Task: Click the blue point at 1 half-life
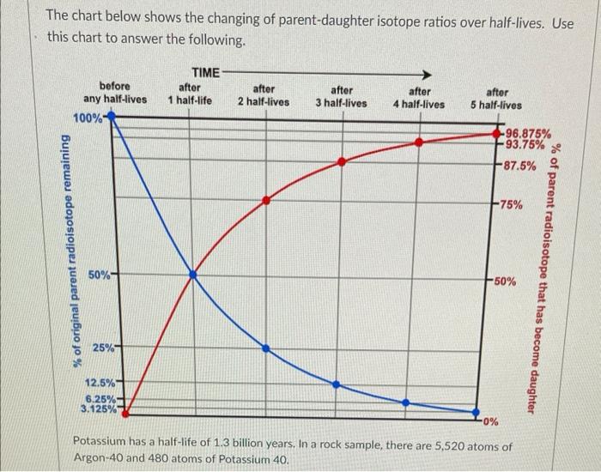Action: coord(192,275)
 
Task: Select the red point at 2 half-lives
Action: coord(266,200)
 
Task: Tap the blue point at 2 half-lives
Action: coord(266,348)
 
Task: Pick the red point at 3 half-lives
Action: coord(342,161)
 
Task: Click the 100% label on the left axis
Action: coord(88,117)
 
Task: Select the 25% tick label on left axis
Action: coord(104,348)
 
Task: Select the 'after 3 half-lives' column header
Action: coord(341,96)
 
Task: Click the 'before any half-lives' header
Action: coord(115,93)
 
